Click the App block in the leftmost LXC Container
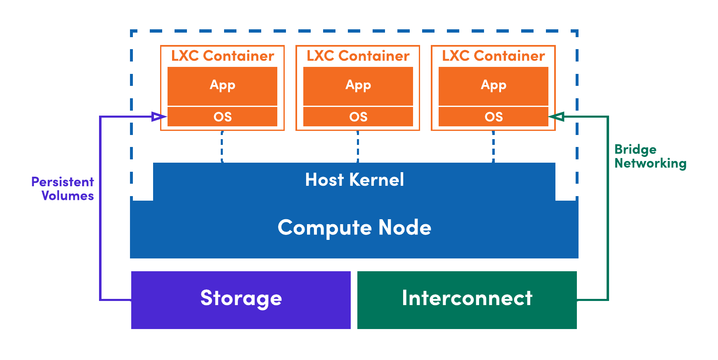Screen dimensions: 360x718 tap(222, 86)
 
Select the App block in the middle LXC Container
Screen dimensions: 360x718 tap(358, 86)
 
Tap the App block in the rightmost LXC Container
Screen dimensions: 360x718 tap(493, 86)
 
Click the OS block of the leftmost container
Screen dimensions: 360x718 tap(222, 117)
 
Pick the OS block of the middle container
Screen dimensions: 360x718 tap(358, 117)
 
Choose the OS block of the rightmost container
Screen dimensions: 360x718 tap(493, 117)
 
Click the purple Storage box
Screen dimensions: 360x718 tap(241, 300)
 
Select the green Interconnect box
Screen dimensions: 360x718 tap(467, 300)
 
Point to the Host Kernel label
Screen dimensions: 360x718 tap(354, 180)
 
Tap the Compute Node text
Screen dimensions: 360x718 tap(354, 227)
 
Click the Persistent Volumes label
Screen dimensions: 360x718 tap(63, 189)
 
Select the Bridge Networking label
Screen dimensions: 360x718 tap(650, 156)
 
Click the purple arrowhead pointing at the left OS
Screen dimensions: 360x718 tap(159, 117)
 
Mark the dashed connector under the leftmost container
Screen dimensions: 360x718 tap(222, 147)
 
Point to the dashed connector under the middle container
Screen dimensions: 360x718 tap(358, 147)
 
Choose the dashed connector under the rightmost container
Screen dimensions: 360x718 tap(493, 147)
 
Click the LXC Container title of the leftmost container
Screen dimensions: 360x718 tap(222, 56)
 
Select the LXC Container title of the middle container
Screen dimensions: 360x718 tap(358, 56)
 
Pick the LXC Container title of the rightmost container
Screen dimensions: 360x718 tap(493, 56)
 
